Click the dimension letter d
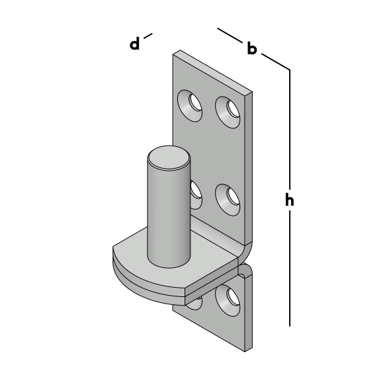[135, 44]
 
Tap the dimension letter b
[252, 48]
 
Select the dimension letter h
[290, 200]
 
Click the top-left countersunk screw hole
[190, 106]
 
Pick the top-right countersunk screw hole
[228, 112]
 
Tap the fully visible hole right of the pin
[228, 200]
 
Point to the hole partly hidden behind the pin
[196, 195]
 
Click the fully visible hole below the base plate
[228, 300]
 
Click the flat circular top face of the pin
[169, 157]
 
